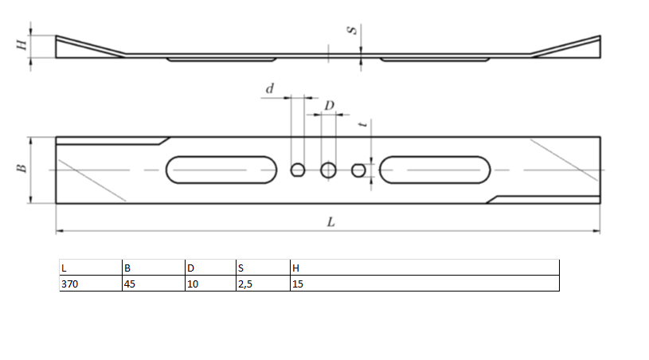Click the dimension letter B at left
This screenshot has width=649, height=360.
click(x=22, y=169)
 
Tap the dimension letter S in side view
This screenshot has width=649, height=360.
click(x=350, y=31)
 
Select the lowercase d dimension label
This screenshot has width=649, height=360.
click(x=269, y=89)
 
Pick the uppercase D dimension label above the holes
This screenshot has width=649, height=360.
click(x=329, y=106)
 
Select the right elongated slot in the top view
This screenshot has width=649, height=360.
click(x=436, y=170)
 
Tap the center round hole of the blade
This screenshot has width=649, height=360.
click(x=328, y=170)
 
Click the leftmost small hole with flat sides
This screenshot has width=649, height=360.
click(x=298, y=170)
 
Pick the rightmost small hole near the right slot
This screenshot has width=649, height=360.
click(x=359, y=170)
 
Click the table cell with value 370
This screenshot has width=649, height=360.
click(x=90, y=284)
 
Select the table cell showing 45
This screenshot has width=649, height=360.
click(x=152, y=284)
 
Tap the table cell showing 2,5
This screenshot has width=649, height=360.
click(x=263, y=284)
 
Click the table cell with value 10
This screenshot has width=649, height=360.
click(x=209, y=284)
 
